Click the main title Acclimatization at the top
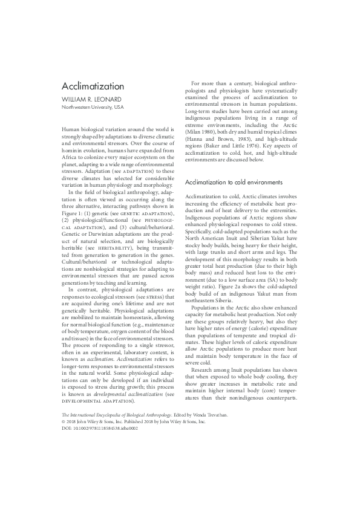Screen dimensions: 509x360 click(93, 86)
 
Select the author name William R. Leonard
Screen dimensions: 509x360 click(94, 99)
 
